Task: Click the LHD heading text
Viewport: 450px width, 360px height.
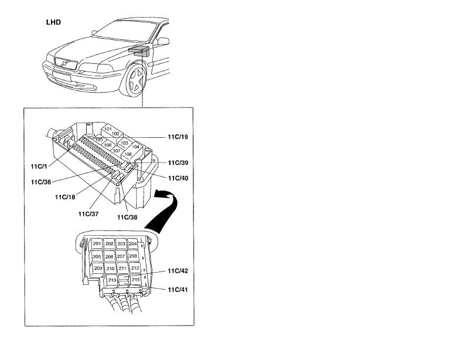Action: point(54,22)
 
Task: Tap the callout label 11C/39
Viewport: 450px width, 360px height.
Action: point(177,163)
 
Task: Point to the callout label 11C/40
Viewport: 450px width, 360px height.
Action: point(177,178)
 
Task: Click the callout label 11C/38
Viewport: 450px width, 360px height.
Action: point(127,217)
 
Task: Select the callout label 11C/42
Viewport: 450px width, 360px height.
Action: point(177,271)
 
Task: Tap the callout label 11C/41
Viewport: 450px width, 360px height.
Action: point(177,289)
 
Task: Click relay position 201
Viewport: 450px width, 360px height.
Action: point(97,244)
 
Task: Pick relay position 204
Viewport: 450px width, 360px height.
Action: point(133,243)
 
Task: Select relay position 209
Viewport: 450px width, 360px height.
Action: point(98,269)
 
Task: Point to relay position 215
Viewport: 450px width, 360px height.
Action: point(135,280)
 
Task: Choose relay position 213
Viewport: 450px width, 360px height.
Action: point(112,280)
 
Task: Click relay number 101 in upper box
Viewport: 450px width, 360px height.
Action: point(108,128)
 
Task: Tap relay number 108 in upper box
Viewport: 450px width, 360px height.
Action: point(128,154)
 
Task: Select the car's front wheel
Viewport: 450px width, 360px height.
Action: point(136,81)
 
